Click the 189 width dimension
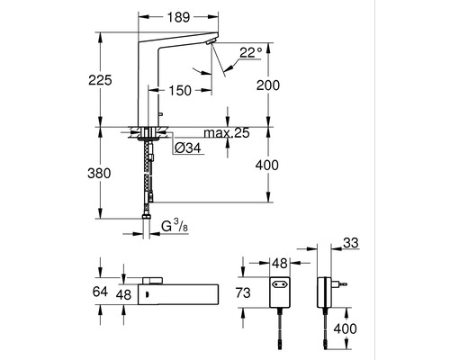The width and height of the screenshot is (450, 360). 178,17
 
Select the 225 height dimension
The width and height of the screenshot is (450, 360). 100,80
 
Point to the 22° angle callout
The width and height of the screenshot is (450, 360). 251,53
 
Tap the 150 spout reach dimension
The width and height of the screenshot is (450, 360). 180,90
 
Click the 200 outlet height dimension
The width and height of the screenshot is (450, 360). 268,85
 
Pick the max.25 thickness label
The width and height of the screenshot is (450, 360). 227,132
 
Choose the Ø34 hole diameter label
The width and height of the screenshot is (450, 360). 188,148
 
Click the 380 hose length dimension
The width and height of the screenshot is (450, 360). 99,174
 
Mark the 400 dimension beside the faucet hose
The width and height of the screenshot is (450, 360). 267,165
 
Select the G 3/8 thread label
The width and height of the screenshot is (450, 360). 175,226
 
